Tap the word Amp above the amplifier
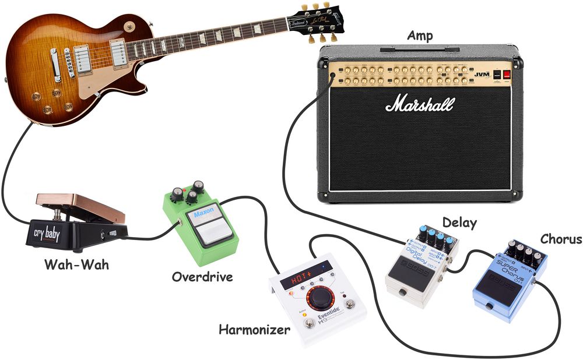tap(419, 37)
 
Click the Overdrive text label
tap(202, 276)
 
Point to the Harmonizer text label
tap(254, 330)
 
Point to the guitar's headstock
tap(321, 19)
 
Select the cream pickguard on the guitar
tap(104, 76)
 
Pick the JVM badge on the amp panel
tap(482, 74)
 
